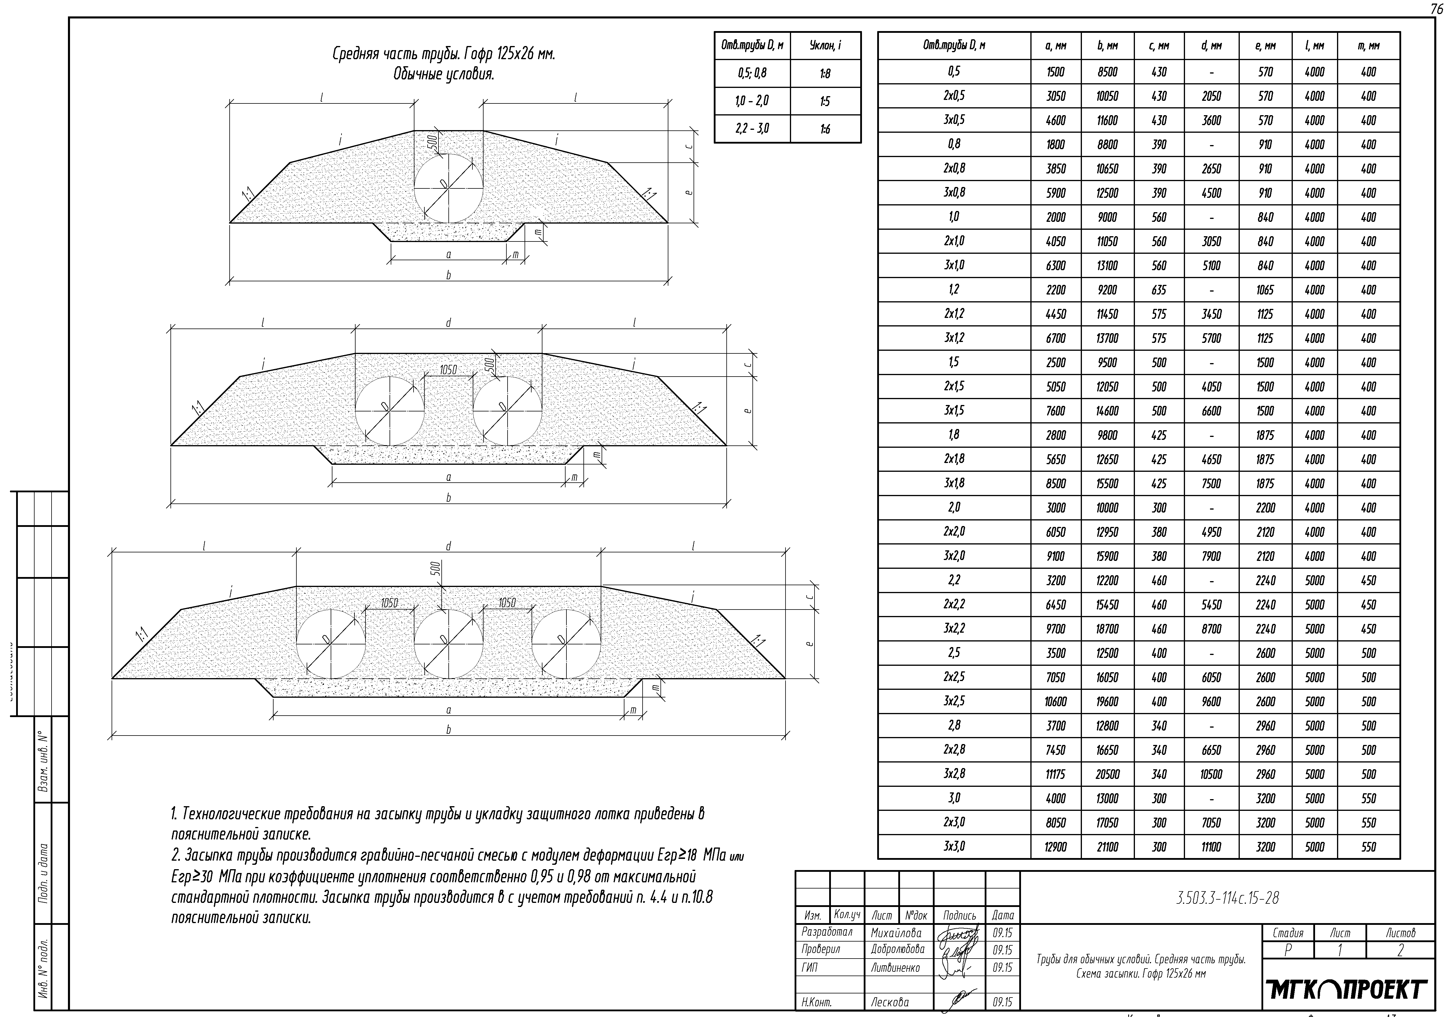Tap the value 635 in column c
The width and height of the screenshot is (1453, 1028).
point(1159,290)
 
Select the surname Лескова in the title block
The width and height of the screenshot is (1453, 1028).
point(890,1002)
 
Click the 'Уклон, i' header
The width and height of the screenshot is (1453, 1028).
point(825,46)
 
